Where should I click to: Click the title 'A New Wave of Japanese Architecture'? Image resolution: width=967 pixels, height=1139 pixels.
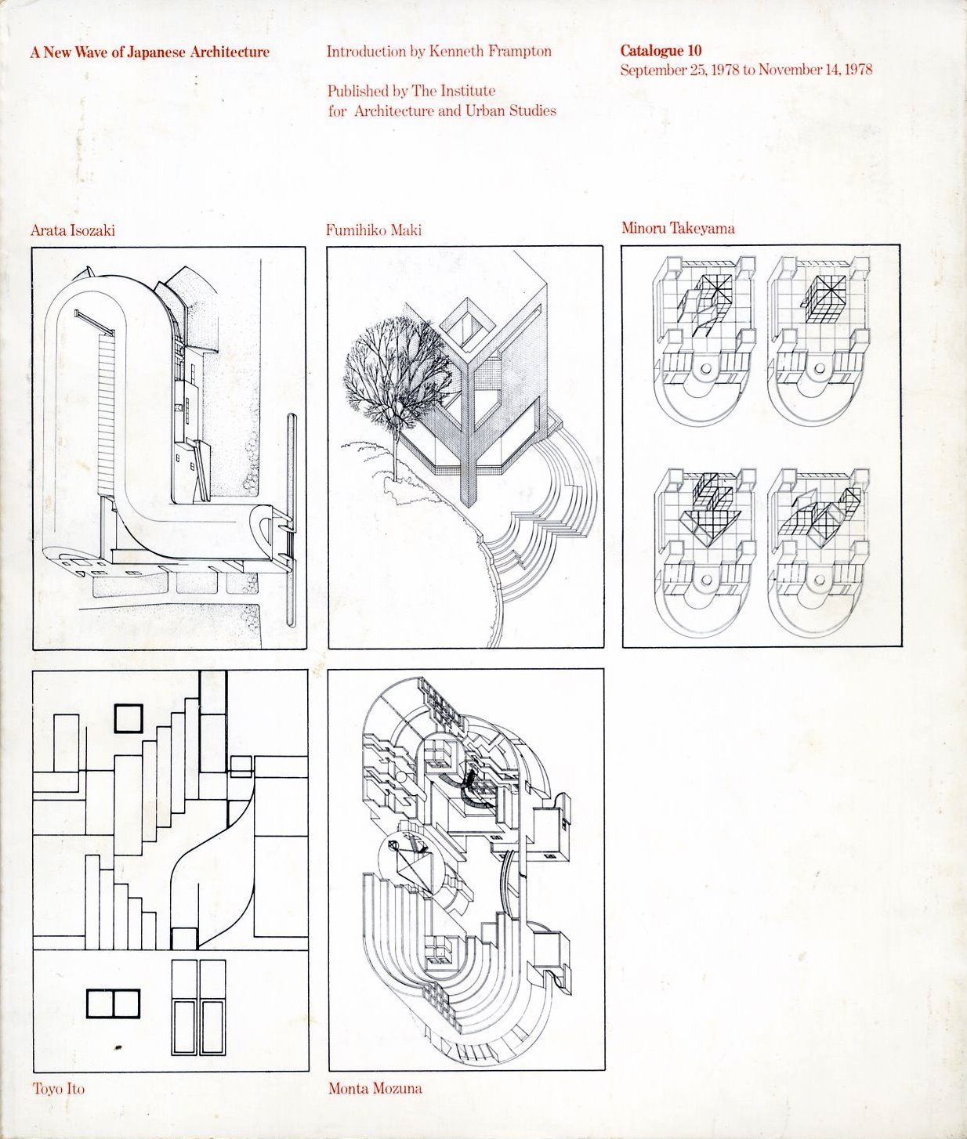(x=150, y=52)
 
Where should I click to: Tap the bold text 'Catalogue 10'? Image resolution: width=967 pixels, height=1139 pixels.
(x=661, y=51)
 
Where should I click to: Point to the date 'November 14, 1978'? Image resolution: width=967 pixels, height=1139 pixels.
(x=815, y=70)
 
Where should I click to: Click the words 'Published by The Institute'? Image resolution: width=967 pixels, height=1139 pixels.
(x=411, y=91)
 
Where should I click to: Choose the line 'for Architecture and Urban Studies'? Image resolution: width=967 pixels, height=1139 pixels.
(x=442, y=111)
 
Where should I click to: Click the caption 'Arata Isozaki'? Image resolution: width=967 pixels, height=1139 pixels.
(x=72, y=230)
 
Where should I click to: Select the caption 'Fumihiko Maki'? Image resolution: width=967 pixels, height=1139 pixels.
(x=374, y=230)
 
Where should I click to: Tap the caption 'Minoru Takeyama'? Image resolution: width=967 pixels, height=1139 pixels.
(x=678, y=229)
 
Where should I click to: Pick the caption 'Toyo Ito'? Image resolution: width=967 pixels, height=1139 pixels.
(x=59, y=1089)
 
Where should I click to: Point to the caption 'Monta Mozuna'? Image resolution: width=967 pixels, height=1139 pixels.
(x=375, y=1088)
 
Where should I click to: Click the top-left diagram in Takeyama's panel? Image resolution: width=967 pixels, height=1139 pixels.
(x=704, y=338)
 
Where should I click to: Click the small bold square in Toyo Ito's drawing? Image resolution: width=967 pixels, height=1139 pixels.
(x=129, y=718)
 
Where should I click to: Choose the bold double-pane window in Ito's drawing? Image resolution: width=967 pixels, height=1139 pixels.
(x=113, y=1004)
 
